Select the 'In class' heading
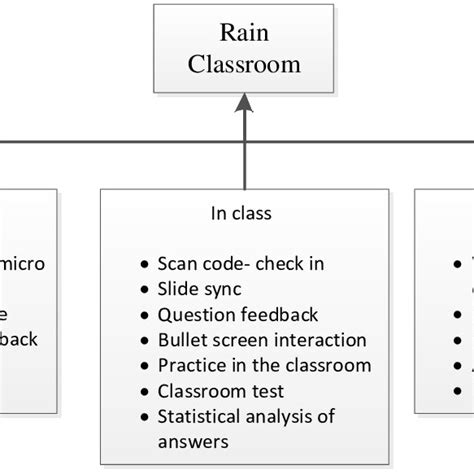240,213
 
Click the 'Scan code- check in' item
241,264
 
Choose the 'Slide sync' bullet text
199,289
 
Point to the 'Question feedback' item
238,314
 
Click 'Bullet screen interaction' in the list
262,340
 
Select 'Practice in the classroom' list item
264,365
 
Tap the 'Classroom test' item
220,391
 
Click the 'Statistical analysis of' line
246,416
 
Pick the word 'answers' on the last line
193,441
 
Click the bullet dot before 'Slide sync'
145,290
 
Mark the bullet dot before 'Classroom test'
145,392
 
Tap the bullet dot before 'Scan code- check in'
145,265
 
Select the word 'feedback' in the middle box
282,314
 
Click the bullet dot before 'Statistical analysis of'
145,417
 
